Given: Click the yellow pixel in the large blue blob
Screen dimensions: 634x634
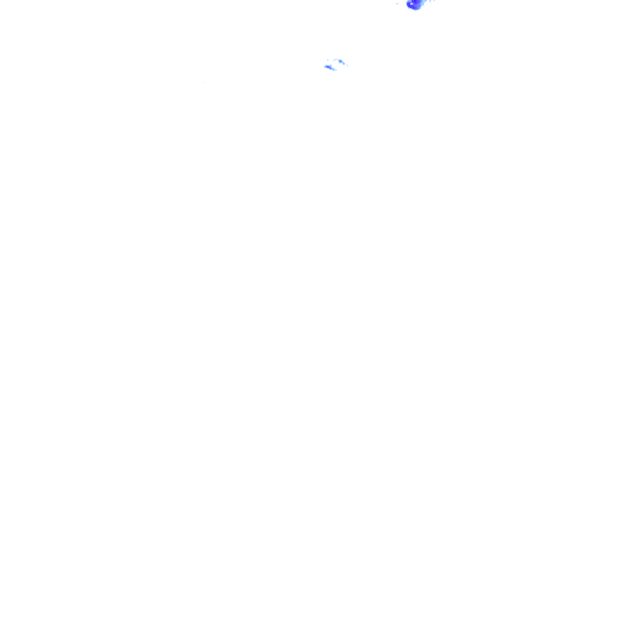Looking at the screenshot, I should (x=413, y=0).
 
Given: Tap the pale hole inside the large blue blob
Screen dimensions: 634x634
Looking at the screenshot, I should (x=412, y=4).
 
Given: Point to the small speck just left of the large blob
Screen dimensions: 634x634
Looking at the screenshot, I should (x=397, y=4).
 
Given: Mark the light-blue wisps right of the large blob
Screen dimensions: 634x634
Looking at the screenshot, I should (x=432, y=1).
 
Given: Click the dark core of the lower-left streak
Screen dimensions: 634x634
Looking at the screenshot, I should (x=328, y=67).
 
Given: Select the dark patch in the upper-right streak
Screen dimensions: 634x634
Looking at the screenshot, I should (x=341, y=61).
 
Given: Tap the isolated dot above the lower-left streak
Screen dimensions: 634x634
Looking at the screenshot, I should (x=328, y=60).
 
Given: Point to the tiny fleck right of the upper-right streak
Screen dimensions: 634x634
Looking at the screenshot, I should (x=347, y=66).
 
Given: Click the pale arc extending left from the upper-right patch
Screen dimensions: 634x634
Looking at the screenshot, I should (x=336, y=59).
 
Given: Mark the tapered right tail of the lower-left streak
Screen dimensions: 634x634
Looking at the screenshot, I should (x=336, y=70).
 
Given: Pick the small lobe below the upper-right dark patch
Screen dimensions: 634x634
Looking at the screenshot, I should (x=344, y=64).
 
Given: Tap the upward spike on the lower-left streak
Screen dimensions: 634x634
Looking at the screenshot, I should (x=331, y=64).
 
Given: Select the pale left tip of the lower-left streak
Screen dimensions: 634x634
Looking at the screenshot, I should (x=324, y=67).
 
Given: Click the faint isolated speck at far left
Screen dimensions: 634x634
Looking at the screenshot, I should (x=202, y=82).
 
